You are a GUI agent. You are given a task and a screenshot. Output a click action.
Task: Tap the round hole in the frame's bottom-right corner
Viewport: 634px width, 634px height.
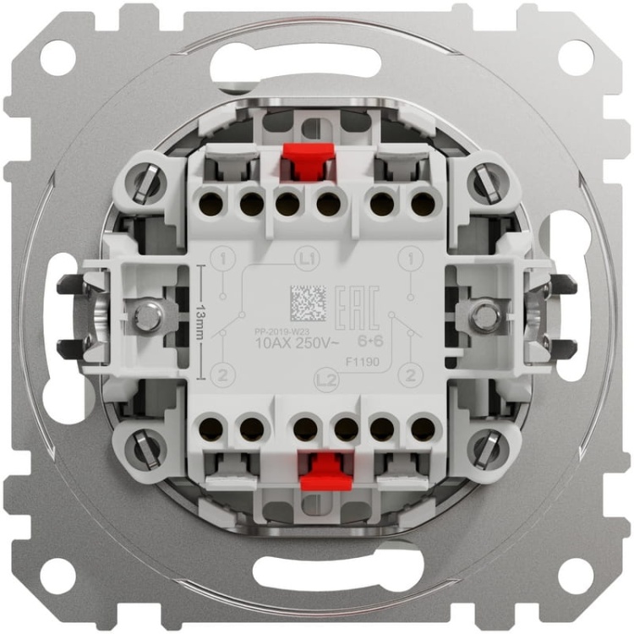(x=575, y=577)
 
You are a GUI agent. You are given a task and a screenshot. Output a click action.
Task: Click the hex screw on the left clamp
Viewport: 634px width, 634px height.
(x=148, y=316)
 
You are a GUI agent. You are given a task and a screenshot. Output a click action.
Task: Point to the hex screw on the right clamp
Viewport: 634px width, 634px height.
(x=484, y=316)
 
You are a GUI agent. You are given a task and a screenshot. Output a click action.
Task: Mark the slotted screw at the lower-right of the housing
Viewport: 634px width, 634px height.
(x=488, y=448)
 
